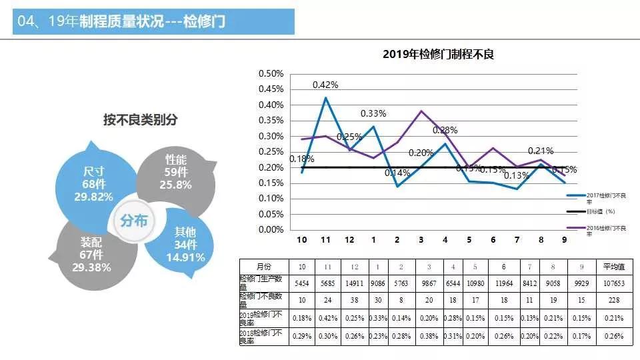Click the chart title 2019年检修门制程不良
[438, 55]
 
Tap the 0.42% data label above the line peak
[325, 85]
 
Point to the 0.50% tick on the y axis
[271, 73]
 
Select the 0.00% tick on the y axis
[271, 229]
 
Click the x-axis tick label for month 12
[349, 240]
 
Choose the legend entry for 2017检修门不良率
[607, 197]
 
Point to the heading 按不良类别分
[140, 120]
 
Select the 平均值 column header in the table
[613, 267]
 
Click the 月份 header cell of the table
[264, 267]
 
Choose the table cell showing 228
[613, 300]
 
